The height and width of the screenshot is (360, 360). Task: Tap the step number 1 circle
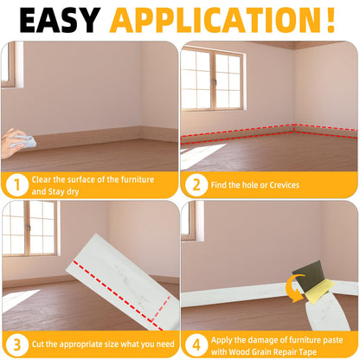[16, 183]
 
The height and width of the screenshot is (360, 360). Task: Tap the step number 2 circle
[196, 183]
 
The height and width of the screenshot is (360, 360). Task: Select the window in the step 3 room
[29, 228]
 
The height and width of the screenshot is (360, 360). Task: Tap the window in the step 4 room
[189, 222]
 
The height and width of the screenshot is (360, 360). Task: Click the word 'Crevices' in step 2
[280, 184]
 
